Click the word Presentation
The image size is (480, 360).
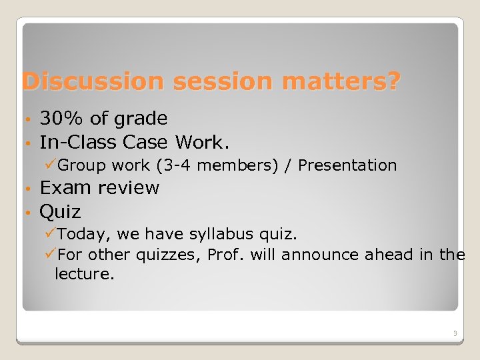pos(347,165)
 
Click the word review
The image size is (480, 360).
pos(128,189)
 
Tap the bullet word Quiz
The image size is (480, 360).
pos(60,212)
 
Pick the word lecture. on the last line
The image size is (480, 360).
pos(84,274)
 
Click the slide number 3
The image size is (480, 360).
pos(453,333)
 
